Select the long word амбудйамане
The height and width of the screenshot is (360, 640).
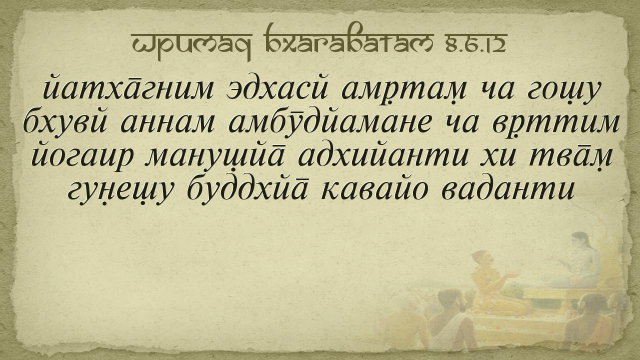[330, 122]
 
